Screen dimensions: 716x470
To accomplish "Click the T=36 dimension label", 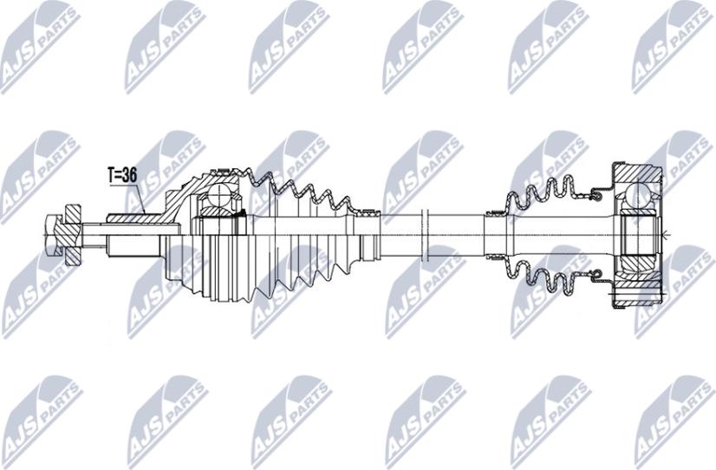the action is pos(122,174).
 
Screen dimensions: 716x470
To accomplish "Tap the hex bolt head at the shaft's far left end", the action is pos(54,235).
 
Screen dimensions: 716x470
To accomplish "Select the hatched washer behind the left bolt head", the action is pos(73,235).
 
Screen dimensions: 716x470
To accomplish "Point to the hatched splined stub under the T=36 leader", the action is pos(133,219).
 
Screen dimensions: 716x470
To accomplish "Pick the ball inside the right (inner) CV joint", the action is pos(638,195).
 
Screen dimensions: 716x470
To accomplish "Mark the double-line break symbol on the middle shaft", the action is pos(423,235).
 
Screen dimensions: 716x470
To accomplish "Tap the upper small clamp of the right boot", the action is pos(495,212).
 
